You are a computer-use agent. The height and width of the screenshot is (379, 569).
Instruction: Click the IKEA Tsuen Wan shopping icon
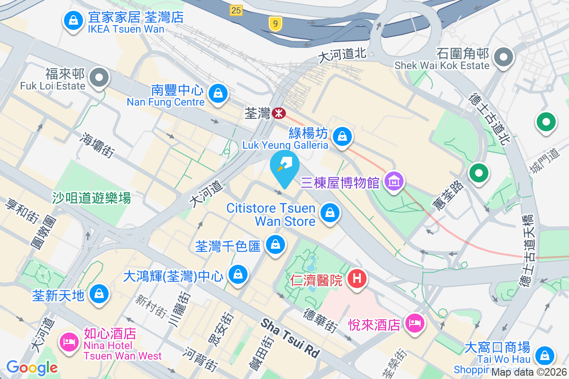coord(73,20)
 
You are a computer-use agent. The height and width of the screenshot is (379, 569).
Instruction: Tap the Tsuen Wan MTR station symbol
coord(278,113)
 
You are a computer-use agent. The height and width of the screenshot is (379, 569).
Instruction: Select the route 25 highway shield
coord(236,9)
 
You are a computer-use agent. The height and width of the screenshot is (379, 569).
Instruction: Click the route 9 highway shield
coord(274,23)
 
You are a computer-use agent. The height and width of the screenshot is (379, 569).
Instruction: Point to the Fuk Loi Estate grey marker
coord(100,78)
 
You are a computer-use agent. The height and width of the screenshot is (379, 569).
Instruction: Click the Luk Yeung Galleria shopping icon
coord(341,137)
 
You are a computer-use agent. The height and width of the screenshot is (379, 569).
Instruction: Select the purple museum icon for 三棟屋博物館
coord(395,181)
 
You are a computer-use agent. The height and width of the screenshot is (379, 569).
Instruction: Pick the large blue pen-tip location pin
coord(284,167)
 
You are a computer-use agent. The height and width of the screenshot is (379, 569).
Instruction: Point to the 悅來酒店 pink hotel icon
coord(415,324)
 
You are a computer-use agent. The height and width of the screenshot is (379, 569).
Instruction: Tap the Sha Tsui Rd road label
coord(290,338)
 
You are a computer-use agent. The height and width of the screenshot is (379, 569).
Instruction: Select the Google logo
coord(32,367)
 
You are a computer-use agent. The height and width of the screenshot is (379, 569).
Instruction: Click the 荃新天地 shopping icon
coord(99,294)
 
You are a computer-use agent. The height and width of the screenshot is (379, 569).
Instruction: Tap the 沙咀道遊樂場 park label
coord(92,198)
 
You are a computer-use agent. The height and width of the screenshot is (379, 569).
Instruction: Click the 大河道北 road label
coord(342,55)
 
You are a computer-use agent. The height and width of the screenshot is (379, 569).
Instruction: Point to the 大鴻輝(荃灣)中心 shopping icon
coord(238,274)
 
